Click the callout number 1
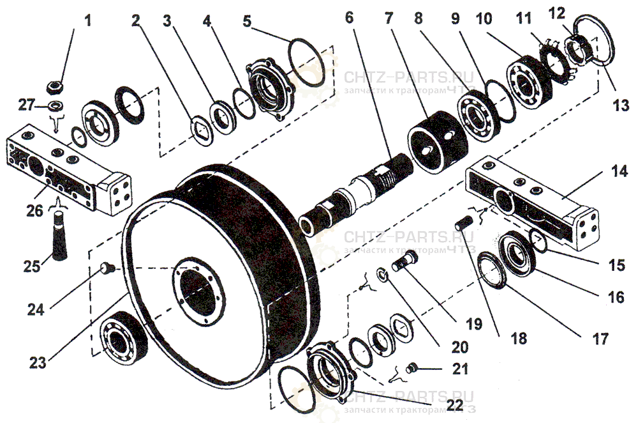(x=88, y=20)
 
